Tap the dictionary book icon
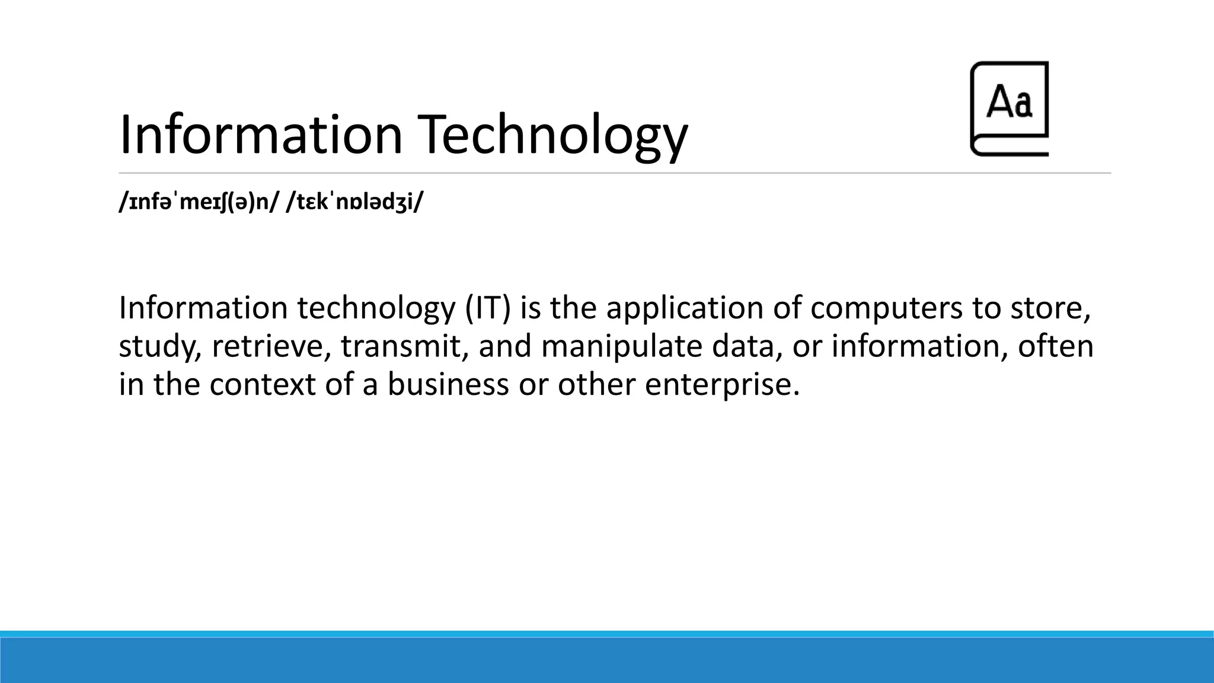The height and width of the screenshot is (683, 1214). pos(1009,109)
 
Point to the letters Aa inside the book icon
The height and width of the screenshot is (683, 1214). pos(1009,102)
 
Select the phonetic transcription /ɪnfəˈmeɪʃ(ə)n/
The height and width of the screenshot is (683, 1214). pos(199,203)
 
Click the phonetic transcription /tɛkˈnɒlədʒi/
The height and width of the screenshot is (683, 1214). pos(355,203)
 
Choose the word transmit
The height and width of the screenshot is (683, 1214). pos(401,347)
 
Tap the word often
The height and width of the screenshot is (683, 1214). pos(1055,347)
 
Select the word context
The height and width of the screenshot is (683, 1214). pos(262,385)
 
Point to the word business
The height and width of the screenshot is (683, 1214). pos(448,385)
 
